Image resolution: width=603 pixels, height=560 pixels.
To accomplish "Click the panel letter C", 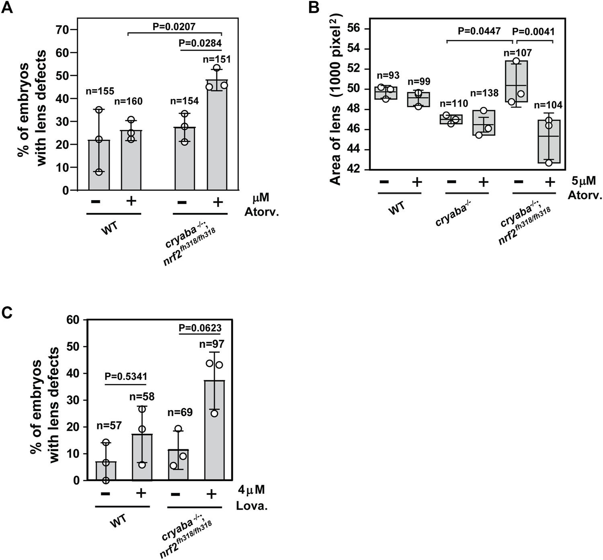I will coord(7,312).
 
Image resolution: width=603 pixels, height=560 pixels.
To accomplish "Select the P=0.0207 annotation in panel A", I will coord(174,27).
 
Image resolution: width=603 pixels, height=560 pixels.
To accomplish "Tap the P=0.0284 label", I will coord(200,43).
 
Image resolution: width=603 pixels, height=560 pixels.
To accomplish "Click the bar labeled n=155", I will coord(99,165).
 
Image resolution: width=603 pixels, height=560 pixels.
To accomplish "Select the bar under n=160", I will coord(131,161).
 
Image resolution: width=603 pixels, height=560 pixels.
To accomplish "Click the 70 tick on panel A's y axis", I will coord(62,30).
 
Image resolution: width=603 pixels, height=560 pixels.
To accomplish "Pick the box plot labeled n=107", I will coord(516,82).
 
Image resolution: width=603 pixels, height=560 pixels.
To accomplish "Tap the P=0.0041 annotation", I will coord(535,32).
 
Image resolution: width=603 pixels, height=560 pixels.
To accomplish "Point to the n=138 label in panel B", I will coord(484,93).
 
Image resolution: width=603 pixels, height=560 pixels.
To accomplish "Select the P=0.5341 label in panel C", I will coord(126,377).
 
